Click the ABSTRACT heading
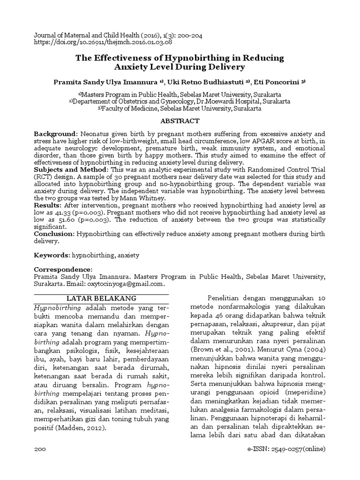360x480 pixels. tap(180, 120)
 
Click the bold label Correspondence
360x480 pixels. tap(63, 270)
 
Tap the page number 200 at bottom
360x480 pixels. tap(40, 450)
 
